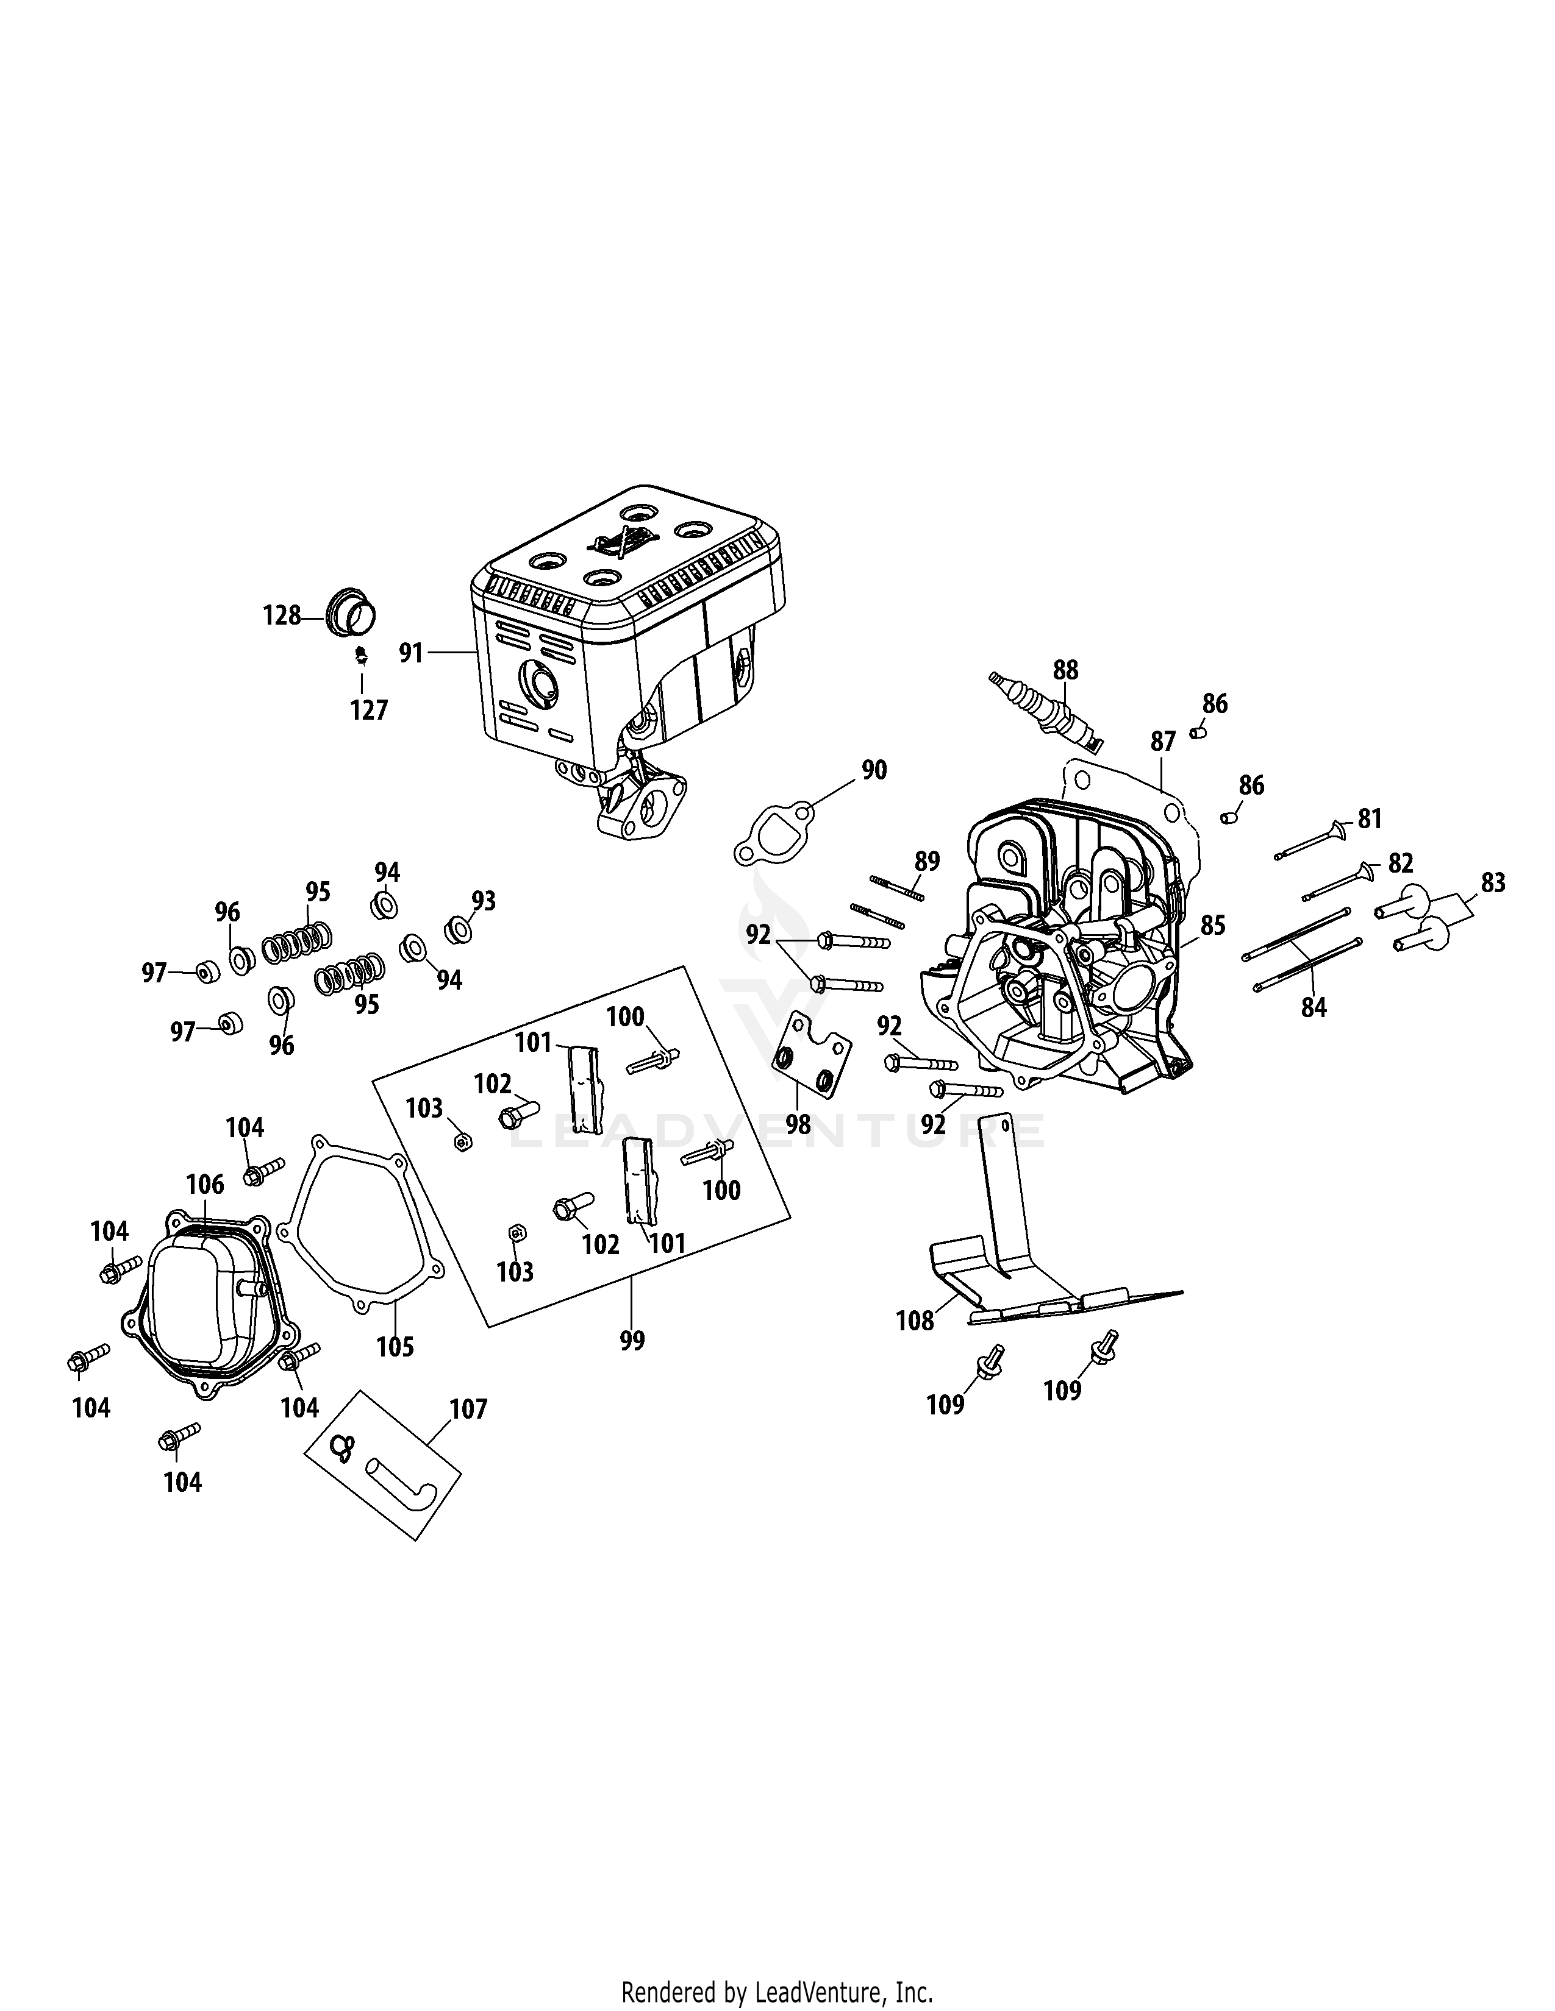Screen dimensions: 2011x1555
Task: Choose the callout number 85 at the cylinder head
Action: pyautogui.click(x=1212, y=924)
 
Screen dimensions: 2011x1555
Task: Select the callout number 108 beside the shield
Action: pyautogui.click(x=915, y=1321)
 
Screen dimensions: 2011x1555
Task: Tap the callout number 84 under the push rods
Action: pyautogui.click(x=1313, y=1007)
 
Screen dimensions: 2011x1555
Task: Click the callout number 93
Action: pyautogui.click(x=483, y=901)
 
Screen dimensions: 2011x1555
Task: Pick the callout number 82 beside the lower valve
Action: pyautogui.click(x=1400, y=863)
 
